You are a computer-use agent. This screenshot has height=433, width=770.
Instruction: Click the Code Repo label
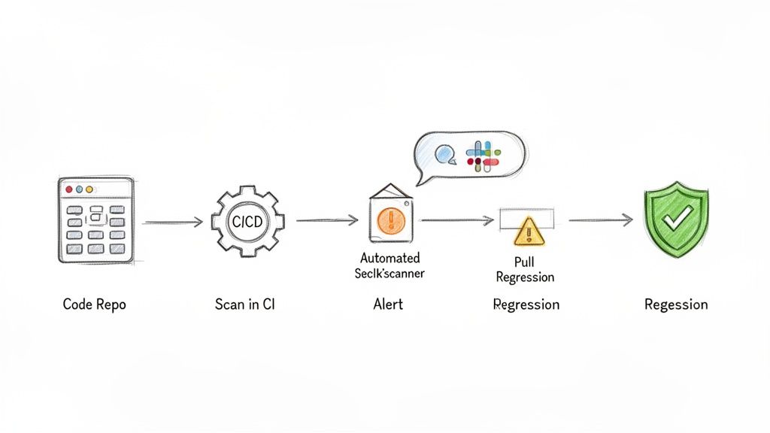95,304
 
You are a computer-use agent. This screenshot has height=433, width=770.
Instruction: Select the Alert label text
388,304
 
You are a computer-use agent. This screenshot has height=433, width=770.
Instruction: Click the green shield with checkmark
676,220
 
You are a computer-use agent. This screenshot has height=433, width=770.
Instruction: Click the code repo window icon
95,220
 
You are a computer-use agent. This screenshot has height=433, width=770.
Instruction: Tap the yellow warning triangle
528,232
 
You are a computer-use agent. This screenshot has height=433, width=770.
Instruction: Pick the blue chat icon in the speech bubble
445,154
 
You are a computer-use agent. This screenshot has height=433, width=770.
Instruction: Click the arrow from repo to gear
173,222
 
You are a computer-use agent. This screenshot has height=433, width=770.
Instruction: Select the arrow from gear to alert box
326,220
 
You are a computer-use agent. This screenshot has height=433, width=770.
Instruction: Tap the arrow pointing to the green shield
600,220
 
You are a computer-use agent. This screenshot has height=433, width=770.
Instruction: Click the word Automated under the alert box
390,258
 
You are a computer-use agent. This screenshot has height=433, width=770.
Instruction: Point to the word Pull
525,262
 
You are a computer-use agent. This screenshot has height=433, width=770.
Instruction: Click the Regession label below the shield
676,304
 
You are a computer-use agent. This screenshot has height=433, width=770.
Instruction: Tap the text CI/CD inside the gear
247,222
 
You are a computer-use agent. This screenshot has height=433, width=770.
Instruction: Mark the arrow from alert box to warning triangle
457,220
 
